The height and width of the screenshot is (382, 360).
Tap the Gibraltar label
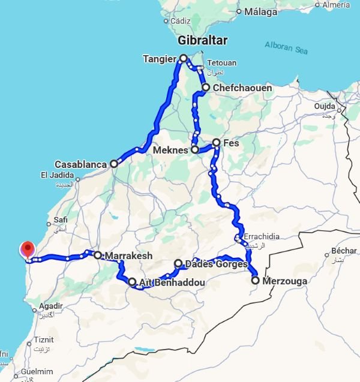(203, 41)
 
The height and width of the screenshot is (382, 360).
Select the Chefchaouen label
(241, 88)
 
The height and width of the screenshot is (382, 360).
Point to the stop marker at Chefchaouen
(206, 88)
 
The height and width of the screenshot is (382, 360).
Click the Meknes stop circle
(195, 150)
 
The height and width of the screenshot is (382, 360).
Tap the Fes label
(231, 143)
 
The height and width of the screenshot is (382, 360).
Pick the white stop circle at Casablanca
(113, 164)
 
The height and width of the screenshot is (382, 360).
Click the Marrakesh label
(128, 256)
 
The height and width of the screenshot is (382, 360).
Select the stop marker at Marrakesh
(97, 255)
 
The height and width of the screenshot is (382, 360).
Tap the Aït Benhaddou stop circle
(132, 281)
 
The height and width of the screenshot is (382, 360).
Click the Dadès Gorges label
(217, 264)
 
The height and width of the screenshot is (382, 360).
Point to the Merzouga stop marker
(255, 280)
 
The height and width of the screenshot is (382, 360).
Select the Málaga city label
(260, 11)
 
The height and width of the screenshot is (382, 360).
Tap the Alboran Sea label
(286, 47)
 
